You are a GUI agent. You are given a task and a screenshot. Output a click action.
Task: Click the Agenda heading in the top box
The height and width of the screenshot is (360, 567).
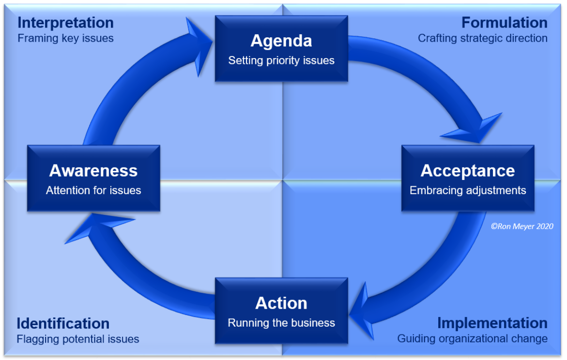[281, 41]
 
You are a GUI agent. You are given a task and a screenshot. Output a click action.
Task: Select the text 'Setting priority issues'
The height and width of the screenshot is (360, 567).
[281, 60]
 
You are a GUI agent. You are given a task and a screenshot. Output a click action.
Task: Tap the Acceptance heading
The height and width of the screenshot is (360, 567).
[467, 170]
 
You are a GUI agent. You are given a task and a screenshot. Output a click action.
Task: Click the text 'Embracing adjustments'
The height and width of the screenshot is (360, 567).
[467, 190]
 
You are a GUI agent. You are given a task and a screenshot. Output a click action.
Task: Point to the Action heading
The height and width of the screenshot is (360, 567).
[281, 303]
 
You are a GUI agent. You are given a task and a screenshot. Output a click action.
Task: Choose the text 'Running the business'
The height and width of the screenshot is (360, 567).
[281, 323]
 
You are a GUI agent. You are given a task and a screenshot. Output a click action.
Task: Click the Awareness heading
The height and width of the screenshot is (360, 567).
[93, 170]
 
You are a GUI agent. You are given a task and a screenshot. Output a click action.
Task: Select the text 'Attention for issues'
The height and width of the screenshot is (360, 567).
[93, 190]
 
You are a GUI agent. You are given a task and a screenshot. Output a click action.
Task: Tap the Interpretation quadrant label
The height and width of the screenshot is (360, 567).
[65, 23]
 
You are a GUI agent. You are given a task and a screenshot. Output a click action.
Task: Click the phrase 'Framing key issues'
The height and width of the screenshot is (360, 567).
[65, 38]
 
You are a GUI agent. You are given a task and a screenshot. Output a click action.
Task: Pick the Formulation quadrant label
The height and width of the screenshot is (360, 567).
[504, 23]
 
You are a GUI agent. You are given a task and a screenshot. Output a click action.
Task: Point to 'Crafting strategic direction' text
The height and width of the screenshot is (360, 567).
[483, 38]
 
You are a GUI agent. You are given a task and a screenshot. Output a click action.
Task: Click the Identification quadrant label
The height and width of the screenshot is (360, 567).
[63, 323]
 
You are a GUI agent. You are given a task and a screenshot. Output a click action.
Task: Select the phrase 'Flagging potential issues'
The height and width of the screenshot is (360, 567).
[78, 339]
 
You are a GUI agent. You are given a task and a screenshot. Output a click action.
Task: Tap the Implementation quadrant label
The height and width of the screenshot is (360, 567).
[492, 323]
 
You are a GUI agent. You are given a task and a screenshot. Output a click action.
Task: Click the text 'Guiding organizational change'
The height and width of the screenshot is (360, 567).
[472, 339]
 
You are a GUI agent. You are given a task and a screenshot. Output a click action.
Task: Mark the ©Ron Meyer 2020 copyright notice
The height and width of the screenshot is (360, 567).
[521, 225]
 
